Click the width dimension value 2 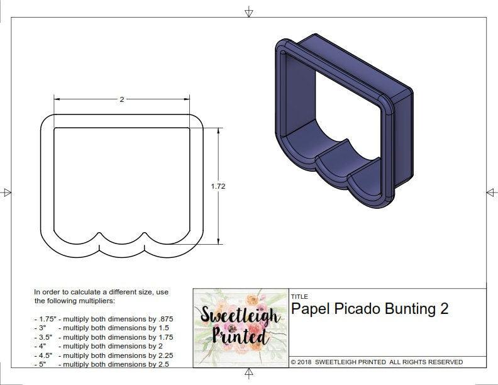[x=122, y=99]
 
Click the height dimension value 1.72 [x=219, y=186]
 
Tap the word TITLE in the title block [x=299, y=296]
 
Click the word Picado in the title [x=358, y=309]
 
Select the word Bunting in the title [x=411, y=309]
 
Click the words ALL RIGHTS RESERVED [x=426, y=362]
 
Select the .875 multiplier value [x=165, y=319]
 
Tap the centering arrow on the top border [x=249, y=11]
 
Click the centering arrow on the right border [x=491, y=192]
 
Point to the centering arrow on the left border [x=7, y=192]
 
